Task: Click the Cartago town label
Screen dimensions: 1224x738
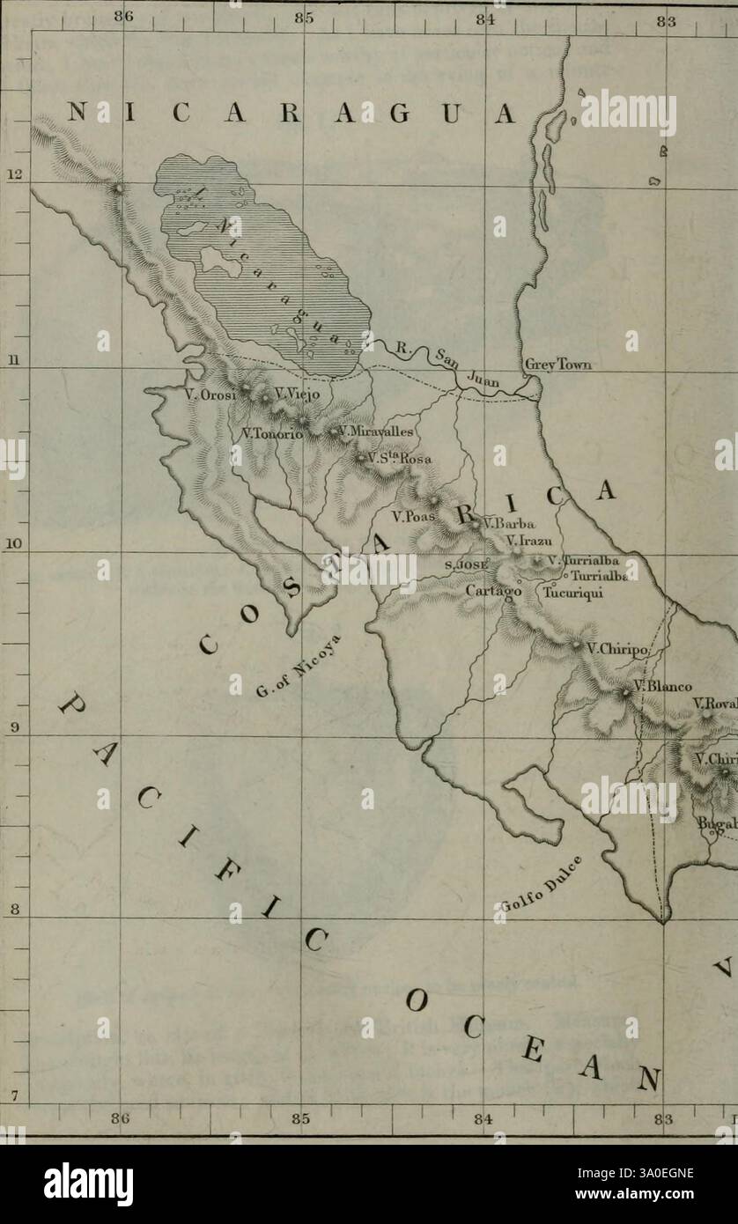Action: coord(494,593)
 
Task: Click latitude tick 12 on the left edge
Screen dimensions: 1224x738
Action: coord(11,173)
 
